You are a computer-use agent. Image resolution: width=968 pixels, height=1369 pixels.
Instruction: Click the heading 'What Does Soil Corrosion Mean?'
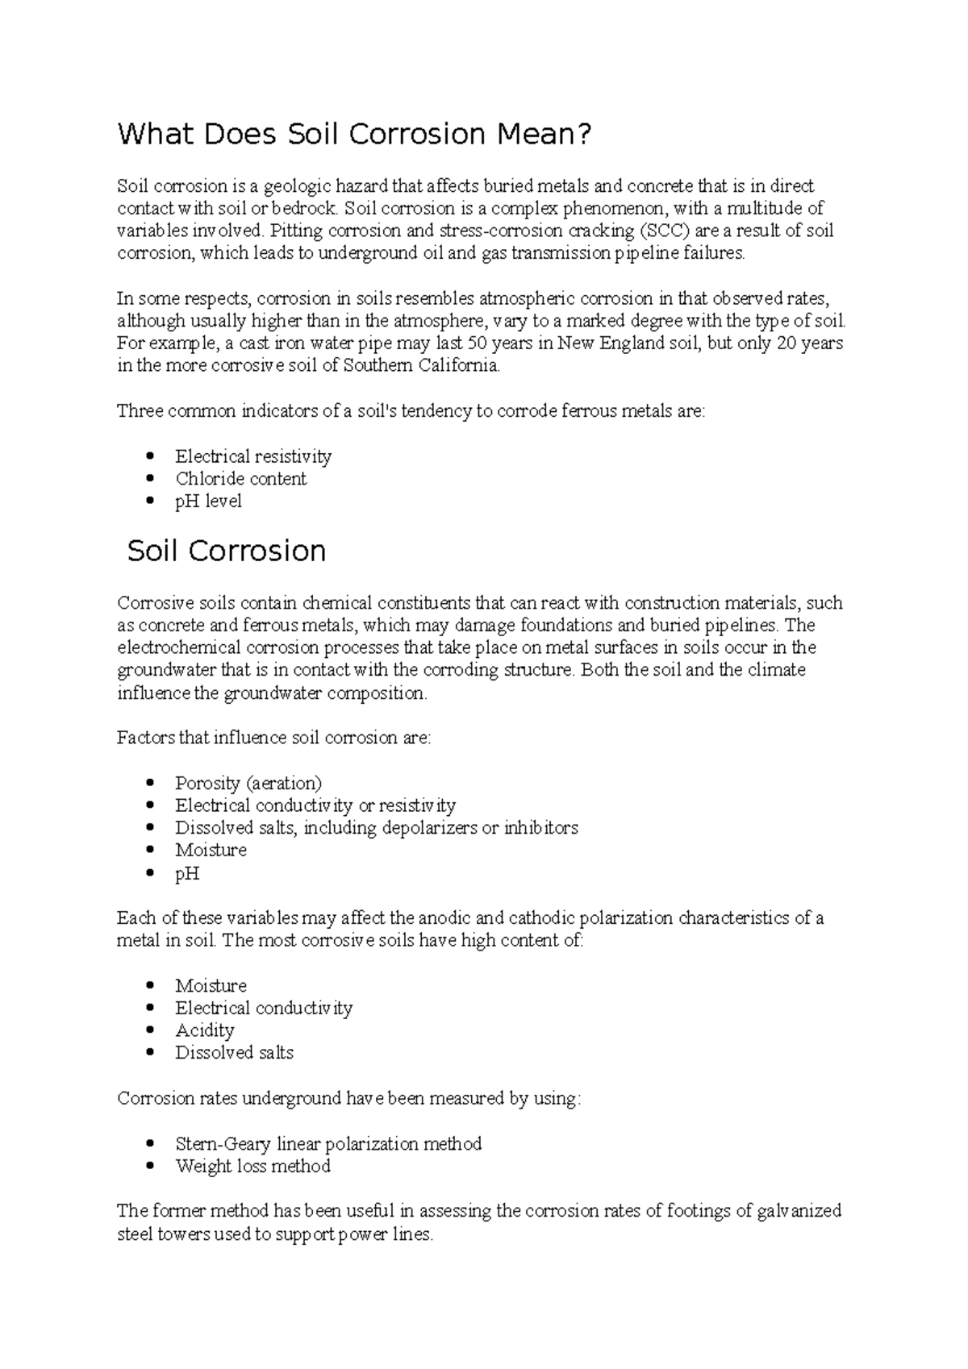(354, 134)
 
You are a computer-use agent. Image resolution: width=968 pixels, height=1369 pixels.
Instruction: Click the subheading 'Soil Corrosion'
(227, 551)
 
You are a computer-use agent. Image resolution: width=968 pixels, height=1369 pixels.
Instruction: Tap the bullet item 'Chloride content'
(240, 479)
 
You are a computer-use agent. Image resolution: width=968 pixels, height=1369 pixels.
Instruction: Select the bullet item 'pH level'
(208, 501)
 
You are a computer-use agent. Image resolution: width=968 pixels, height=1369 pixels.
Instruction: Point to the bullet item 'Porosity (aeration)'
(248, 783)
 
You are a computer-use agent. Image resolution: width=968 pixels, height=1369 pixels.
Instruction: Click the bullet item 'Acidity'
(205, 1030)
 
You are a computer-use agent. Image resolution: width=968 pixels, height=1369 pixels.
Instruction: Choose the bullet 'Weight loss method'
(252, 1166)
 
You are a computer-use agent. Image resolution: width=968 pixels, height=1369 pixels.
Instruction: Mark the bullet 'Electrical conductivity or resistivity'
(315, 805)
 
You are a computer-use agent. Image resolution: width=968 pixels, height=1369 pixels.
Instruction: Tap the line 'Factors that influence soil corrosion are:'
(274, 738)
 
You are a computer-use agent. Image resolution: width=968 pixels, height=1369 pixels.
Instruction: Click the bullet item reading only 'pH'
(187, 874)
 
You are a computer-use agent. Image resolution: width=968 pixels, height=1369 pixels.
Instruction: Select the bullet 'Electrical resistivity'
(253, 456)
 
